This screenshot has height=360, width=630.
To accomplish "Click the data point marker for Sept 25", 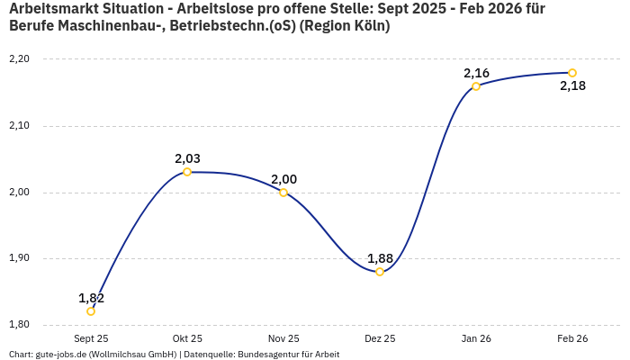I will [91, 311].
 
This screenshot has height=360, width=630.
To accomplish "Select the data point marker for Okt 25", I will [187, 172].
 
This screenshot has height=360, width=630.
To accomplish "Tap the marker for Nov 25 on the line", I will [283, 193].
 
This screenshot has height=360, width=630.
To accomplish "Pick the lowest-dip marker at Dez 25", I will [380, 272].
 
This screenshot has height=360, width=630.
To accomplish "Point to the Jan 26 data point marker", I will [476, 86].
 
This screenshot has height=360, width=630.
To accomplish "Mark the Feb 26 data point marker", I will [572, 73].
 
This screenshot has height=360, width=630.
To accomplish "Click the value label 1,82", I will [91, 298].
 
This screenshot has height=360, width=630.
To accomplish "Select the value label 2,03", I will [187, 158].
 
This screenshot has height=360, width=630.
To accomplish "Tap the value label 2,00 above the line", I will [283, 179].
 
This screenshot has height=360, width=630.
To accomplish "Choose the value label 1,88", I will [380, 258].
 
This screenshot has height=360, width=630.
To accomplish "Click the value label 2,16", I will [476, 73].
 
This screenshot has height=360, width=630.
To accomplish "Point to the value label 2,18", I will [572, 86].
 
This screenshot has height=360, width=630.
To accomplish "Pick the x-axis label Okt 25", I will [187, 338].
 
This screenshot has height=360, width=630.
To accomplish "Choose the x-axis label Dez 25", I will [380, 338].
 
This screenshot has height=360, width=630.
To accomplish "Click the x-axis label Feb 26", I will [572, 338].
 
